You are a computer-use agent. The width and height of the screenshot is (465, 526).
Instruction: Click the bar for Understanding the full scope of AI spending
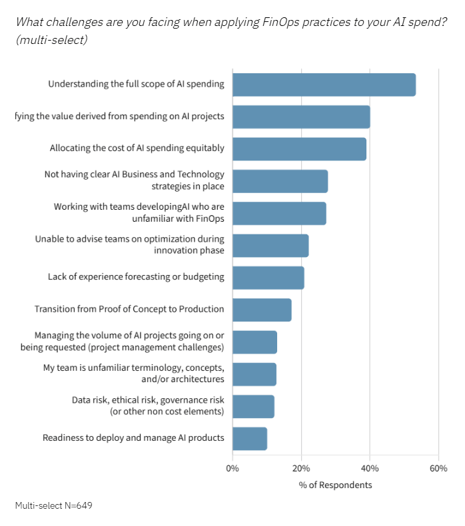point(324,85)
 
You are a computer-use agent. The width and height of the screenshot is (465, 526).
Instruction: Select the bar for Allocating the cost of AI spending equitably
point(299,148)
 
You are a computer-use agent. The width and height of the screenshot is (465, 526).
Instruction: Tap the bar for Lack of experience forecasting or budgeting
point(268,277)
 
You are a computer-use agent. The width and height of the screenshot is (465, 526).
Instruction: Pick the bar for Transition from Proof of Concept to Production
point(262,310)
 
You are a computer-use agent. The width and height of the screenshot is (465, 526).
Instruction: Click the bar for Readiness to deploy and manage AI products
point(250,438)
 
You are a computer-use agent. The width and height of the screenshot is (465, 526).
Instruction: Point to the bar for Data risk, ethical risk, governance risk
point(253,406)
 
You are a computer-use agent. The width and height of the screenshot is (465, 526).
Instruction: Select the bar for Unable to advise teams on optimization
point(270,245)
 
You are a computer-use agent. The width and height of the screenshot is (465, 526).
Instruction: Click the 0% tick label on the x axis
point(232,468)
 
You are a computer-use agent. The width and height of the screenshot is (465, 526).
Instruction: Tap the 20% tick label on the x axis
point(301,468)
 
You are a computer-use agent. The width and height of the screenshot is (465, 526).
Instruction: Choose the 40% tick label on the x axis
point(370,468)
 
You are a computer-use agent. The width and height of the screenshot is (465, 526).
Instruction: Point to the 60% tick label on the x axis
point(438,468)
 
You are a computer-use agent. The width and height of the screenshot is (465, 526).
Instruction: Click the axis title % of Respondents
point(335,485)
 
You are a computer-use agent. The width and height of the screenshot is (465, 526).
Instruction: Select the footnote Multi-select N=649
point(53,505)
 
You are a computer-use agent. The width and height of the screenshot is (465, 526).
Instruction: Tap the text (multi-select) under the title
point(51,40)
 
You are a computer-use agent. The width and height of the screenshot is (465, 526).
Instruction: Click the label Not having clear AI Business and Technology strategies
point(134,180)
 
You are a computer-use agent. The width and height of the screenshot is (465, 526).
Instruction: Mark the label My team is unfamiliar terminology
point(129,374)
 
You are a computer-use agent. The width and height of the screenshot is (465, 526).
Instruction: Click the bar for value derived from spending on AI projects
point(301,117)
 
